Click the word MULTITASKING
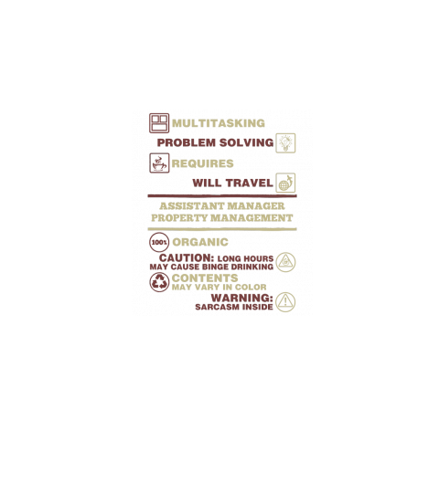(219, 123)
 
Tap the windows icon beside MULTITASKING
(159, 123)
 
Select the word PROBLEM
(187, 142)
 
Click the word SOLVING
(247, 142)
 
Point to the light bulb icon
(285, 143)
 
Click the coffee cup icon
(159, 163)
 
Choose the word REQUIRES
(202, 163)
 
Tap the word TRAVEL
(250, 183)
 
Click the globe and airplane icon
(285, 183)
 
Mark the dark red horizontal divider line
(222, 196)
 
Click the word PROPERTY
(179, 218)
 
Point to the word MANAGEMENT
(252, 218)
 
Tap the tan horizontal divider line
(222, 229)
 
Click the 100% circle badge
(159, 242)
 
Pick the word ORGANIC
(200, 242)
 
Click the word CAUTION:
(187, 258)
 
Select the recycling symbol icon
(159, 282)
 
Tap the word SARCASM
(217, 307)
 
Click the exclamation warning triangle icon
(285, 302)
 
